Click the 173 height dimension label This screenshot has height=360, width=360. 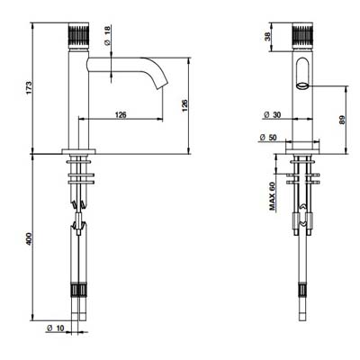[29, 87]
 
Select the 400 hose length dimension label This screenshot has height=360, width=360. [29, 238]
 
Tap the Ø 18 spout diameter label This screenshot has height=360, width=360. [108, 36]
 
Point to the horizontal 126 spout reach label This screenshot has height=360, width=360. [121, 115]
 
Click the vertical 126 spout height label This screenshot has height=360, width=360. [184, 105]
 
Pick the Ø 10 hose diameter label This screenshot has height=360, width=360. [56, 328]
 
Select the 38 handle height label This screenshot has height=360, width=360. [267, 37]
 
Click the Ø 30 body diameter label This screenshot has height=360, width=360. [273, 115]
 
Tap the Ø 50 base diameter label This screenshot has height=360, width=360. [268, 138]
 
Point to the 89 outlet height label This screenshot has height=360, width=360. [343, 120]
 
